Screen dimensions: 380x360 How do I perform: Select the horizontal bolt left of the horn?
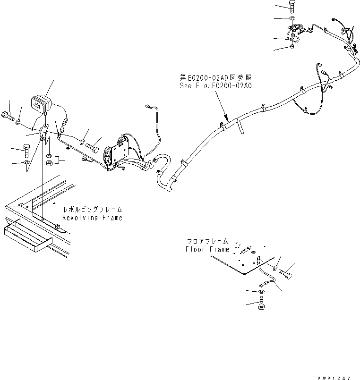(x=8, y=114)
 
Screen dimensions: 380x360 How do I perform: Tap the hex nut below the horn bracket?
(x=49, y=162)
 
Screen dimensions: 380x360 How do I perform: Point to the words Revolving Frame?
(x=92, y=218)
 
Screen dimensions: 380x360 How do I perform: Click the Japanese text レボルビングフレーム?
(x=92, y=209)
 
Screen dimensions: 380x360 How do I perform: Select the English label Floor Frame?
(x=207, y=249)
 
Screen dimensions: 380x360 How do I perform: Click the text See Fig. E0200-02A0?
(x=215, y=86)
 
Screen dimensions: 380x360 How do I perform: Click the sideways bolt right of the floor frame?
(x=287, y=272)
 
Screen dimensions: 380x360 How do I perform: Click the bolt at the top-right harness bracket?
(x=291, y=7)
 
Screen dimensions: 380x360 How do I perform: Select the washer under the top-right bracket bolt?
(x=291, y=19)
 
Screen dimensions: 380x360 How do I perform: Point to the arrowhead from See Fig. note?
(x=227, y=119)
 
